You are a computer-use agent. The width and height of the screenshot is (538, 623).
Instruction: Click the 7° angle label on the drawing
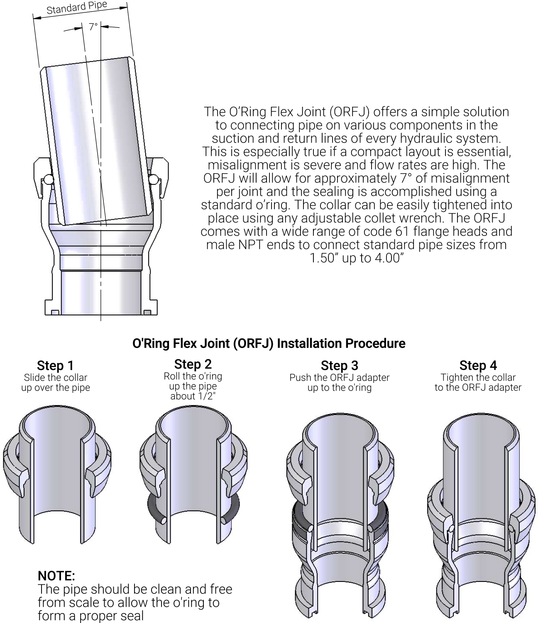[x=93, y=27]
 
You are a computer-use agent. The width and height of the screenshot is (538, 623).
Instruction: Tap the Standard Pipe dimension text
[x=77, y=7]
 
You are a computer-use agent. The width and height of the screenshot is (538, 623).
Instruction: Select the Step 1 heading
[x=56, y=365]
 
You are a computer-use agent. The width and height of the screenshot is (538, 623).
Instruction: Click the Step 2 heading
[x=193, y=364]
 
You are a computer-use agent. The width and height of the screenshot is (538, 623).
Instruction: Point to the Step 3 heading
[x=340, y=365]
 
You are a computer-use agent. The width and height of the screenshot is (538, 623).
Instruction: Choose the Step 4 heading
[x=478, y=365]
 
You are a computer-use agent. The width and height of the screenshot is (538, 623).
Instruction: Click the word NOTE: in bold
[x=56, y=576]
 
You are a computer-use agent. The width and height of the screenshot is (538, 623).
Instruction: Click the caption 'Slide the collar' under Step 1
[x=56, y=378]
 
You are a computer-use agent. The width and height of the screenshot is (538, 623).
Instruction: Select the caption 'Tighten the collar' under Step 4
[x=478, y=378]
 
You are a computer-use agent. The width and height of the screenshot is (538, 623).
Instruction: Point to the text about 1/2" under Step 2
[x=193, y=396]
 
